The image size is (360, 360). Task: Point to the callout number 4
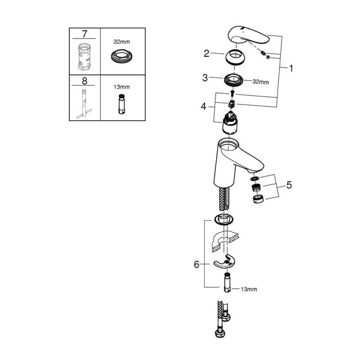pos(203,107)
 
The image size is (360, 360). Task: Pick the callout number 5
pos(289,185)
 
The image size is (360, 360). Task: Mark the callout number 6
pos(197,264)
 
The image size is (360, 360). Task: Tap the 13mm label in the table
pos(122,87)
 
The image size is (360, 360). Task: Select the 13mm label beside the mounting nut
pos(248,289)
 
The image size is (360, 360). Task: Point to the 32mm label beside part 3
pos(261,82)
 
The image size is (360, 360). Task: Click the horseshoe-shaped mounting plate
pos(225,262)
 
